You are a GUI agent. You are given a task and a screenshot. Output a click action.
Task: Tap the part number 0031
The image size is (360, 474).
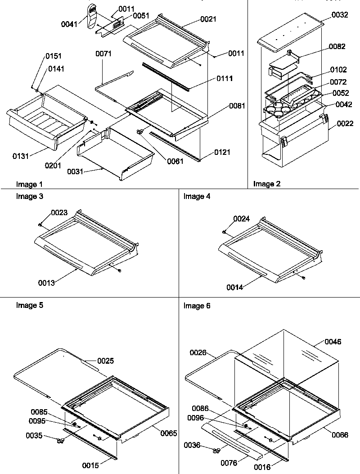75,172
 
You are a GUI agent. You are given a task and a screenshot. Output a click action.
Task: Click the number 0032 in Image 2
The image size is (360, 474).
339,15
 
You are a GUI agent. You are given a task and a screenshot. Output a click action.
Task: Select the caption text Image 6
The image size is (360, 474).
197,306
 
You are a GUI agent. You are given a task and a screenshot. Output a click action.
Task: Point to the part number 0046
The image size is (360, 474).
333,342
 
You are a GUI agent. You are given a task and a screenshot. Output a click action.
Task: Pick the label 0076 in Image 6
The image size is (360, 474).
229,462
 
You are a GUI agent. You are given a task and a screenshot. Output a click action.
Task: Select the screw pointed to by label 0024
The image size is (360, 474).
224,231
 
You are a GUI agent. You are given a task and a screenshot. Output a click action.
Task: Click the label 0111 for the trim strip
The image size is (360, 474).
224,79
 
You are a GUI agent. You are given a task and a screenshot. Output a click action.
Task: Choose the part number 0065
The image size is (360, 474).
168,433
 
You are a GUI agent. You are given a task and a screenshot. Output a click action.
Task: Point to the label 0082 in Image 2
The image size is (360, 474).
337,46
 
